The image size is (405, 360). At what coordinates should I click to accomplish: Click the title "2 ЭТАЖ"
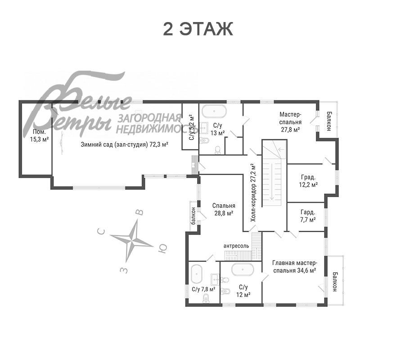point(198,29)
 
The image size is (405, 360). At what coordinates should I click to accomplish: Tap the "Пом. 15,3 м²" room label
point(39,135)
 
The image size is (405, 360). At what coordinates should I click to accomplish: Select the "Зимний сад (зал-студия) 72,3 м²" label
point(125,144)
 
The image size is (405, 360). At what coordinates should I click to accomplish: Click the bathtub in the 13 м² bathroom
point(214,111)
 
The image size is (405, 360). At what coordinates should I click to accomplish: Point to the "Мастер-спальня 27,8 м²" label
point(291,121)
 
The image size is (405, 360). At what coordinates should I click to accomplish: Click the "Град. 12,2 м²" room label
point(308,181)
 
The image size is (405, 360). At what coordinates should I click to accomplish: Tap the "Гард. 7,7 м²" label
point(308,216)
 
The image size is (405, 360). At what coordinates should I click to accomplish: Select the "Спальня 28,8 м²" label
point(224,209)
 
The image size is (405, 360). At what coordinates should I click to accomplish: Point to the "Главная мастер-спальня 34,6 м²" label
point(294,267)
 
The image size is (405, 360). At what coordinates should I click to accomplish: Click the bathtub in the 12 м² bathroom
point(243,270)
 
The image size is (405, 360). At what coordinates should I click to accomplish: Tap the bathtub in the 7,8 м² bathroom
point(197,274)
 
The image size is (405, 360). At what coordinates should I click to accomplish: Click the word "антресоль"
point(236,246)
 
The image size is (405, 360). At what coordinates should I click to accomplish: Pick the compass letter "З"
point(124,270)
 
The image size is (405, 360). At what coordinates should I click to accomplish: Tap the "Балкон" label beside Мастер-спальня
point(329,121)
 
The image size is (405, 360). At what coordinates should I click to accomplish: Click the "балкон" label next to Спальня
point(193,216)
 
